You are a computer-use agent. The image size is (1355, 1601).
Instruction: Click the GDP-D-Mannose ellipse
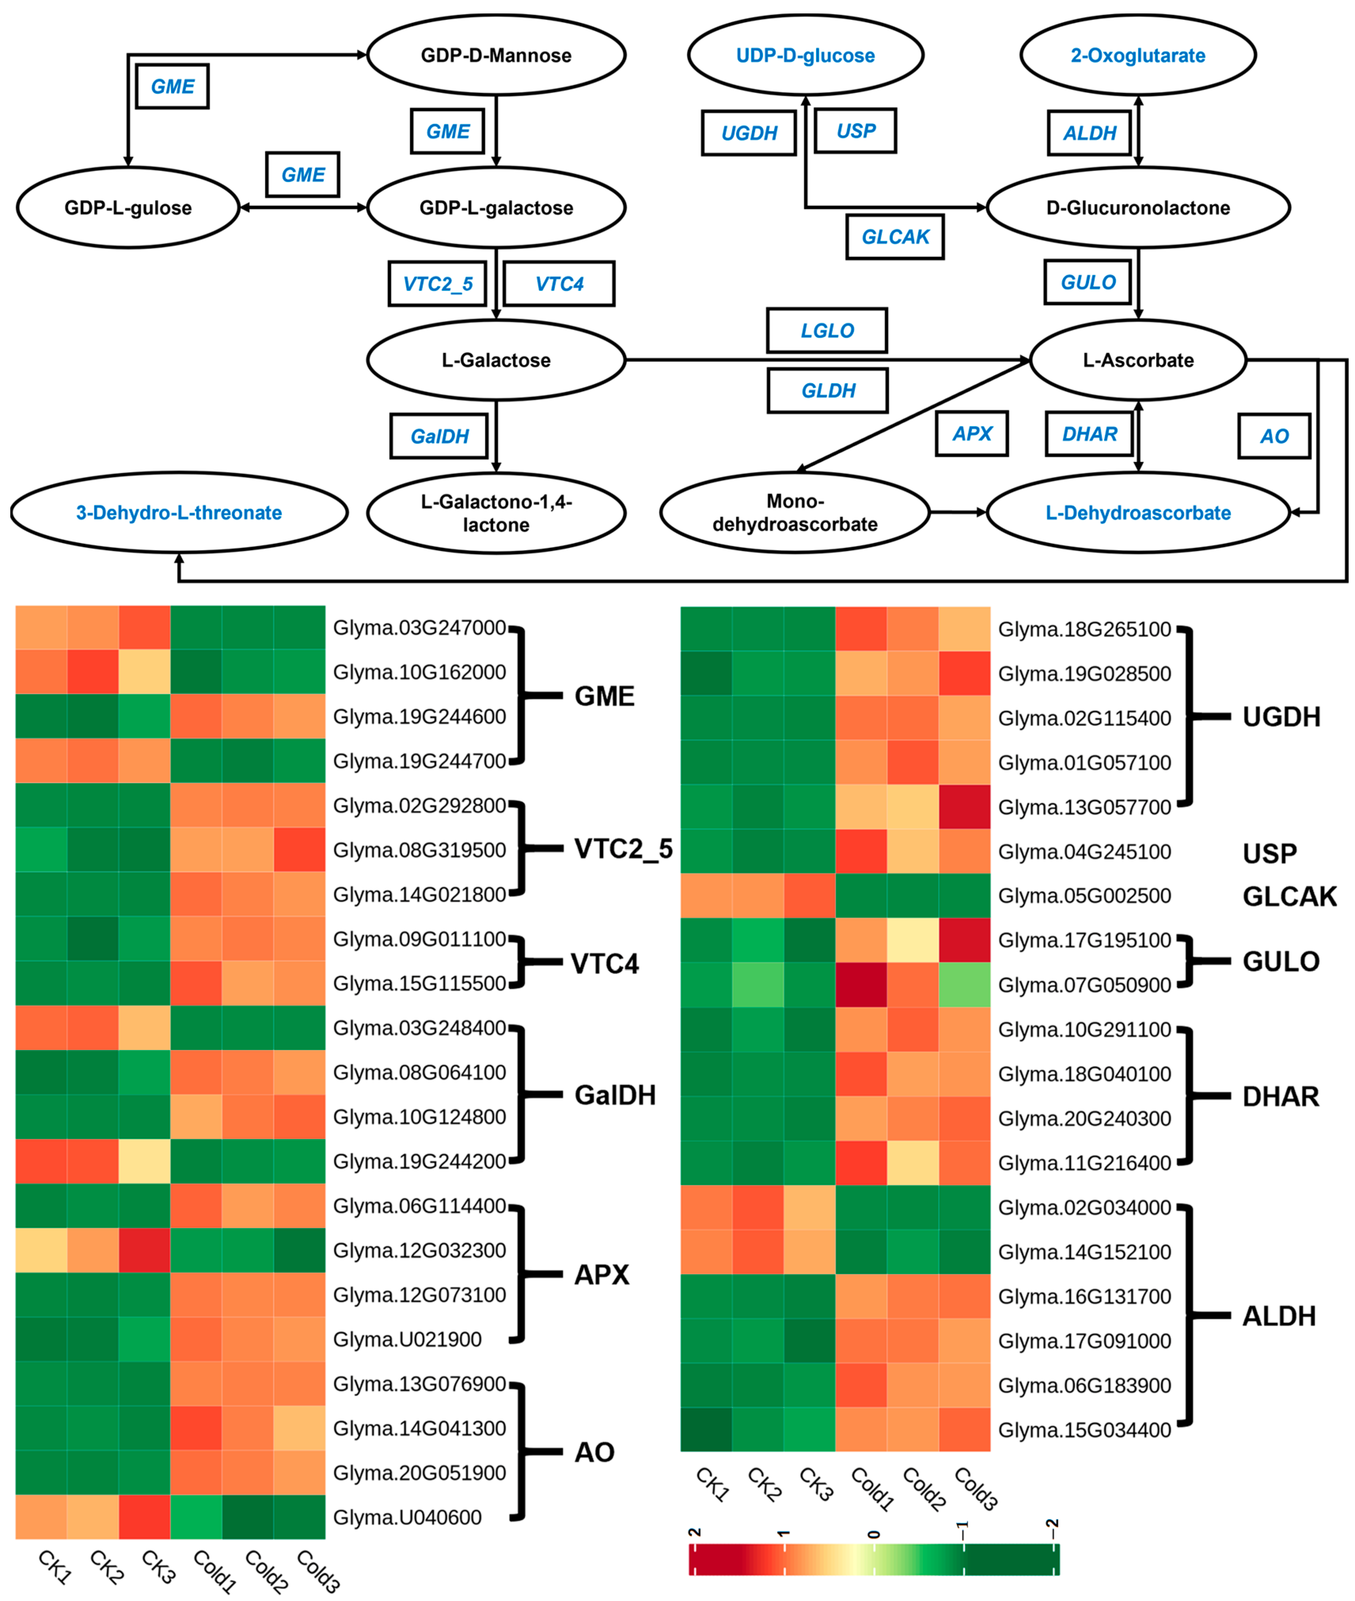coord(496,55)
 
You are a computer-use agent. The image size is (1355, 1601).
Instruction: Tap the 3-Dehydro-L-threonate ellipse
coord(179,513)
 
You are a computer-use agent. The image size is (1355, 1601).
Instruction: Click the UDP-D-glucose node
coord(805,55)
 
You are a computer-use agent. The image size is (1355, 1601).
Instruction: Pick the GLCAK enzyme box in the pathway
coord(895,237)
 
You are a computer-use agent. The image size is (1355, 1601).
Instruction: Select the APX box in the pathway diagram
coord(972,434)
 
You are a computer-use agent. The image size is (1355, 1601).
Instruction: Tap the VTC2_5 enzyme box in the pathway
coord(438,284)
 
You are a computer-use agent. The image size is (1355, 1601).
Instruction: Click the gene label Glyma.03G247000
coord(419,628)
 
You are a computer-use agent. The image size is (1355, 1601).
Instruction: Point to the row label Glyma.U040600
coord(407,1517)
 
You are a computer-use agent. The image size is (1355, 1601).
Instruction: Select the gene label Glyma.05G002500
coord(1085,896)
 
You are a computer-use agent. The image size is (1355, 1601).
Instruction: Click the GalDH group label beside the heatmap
coord(615,1095)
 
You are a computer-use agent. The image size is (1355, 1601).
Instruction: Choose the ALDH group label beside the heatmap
coord(1279,1316)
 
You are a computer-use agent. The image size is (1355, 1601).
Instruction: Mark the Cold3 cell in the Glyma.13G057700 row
coord(964,807)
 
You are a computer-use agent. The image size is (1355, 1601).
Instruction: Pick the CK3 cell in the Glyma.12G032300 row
coord(144,1250)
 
